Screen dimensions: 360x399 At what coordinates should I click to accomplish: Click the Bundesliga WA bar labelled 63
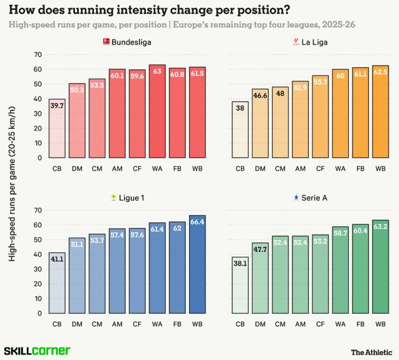pyautogui.click(x=157, y=111)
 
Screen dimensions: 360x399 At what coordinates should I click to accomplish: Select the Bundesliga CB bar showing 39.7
pyautogui.click(x=57, y=128)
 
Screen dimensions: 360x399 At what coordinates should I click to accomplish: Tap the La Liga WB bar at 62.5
pyautogui.click(x=380, y=111)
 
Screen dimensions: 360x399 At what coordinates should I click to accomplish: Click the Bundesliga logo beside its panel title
pyautogui.click(x=106, y=42)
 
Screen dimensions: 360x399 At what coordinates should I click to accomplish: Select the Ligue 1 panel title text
pyautogui.click(x=132, y=197)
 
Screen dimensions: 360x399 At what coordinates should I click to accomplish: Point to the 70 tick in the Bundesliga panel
pyautogui.click(x=38, y=55)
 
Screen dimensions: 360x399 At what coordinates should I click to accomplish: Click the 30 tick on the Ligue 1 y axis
pyautogui.click(x=38, y=269)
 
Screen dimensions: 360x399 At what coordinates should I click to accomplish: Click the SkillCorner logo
pyautogui.click(x=37, y=350)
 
